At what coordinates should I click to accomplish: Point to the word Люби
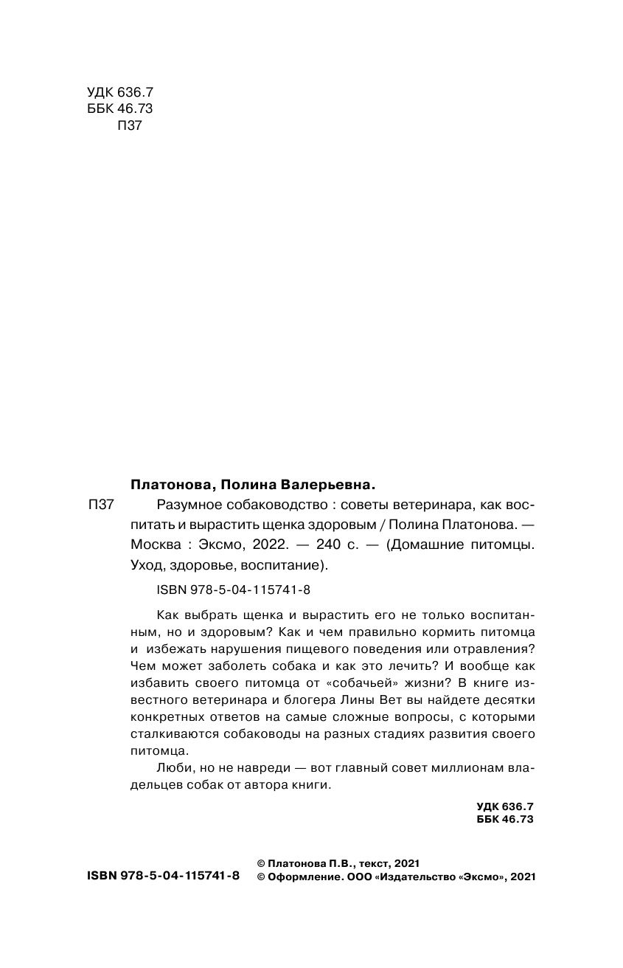click(x=172, y=769)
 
